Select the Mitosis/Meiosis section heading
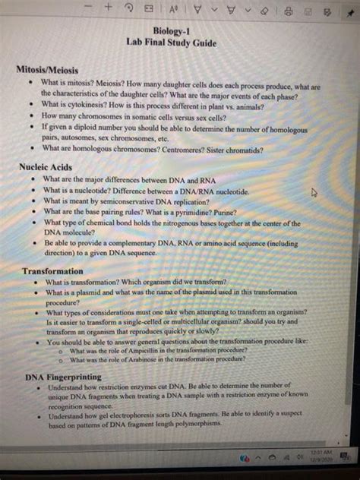click(x=47, y=69)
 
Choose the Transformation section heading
click(x=52, y=271)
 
